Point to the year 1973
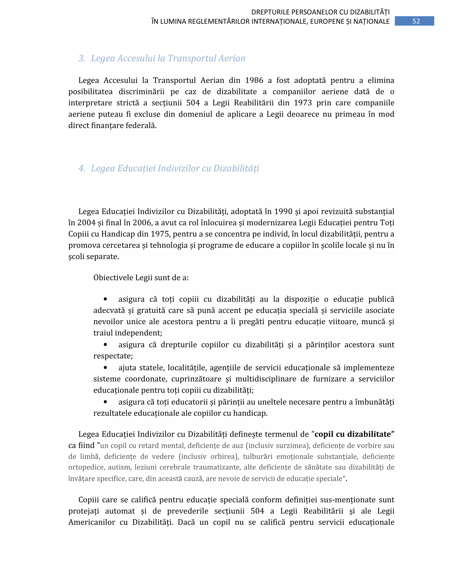pos(303,103)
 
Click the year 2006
pos(142,223)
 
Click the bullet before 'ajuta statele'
pos(106,367)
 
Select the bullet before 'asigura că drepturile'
pos(106,345)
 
